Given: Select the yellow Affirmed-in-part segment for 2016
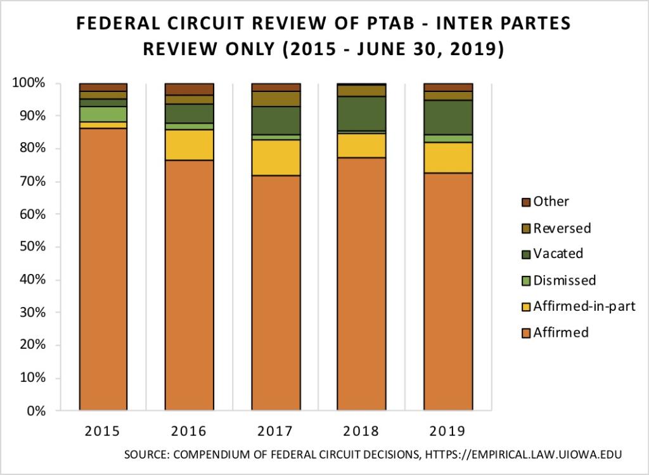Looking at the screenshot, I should coord(189,145).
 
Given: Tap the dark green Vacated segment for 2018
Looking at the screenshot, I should coord(361,114).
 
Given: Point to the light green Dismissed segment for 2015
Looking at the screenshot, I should coord(103,114).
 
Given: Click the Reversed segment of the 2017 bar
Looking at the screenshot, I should coord(275,99).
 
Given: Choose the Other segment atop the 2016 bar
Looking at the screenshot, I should coord(189,89).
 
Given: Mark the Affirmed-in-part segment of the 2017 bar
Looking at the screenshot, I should coord(275,157).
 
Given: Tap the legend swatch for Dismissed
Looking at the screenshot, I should coord(524,280).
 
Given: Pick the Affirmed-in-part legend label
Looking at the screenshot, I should coord(584,306).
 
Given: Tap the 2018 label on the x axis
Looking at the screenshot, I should coord(361,431).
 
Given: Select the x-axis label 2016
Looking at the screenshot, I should coord(189,431).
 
